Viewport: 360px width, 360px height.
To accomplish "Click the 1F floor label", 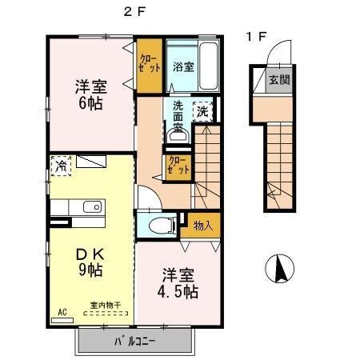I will pos(255,36).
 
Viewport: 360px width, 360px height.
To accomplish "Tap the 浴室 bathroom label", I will pos(182,66).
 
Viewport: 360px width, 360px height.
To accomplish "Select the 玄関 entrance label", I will pos(279,79).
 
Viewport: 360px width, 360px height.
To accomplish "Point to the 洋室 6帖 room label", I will pos(90,94).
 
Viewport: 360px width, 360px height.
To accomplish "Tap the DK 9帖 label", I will pos(90,262).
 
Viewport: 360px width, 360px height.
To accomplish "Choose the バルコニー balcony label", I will pos(134,341).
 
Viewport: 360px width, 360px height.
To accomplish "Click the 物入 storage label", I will pos(202,226).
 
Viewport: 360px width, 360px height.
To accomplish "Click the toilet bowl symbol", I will pos(160,224).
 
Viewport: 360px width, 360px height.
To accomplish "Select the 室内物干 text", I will pos(106,305).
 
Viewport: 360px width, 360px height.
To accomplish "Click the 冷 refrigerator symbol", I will pos(61,166).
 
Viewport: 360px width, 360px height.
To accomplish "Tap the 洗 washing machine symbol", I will pos(203,110).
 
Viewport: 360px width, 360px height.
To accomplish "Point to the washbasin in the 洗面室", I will pos(178,136).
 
